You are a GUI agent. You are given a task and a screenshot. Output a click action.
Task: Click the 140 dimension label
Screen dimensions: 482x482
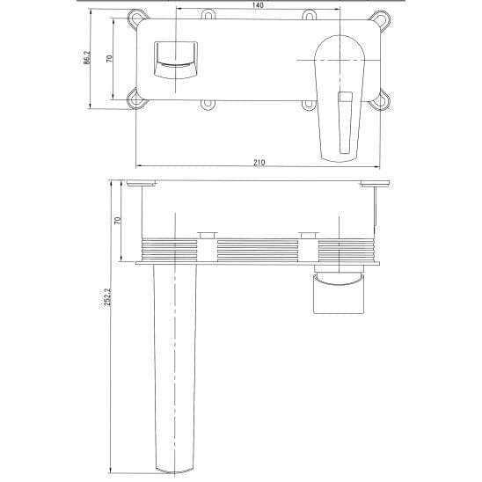(258, 5)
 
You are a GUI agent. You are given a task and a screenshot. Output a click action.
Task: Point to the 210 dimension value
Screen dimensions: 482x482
(259, 163)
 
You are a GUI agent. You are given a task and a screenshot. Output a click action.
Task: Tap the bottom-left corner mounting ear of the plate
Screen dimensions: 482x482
(136, 99)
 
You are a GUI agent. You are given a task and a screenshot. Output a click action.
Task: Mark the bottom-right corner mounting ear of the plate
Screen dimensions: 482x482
(381, 99)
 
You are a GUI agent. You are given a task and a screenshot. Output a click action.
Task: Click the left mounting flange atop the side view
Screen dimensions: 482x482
(140, 183)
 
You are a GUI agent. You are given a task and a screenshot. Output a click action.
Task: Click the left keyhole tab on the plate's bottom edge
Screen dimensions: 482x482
(208, 105)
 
